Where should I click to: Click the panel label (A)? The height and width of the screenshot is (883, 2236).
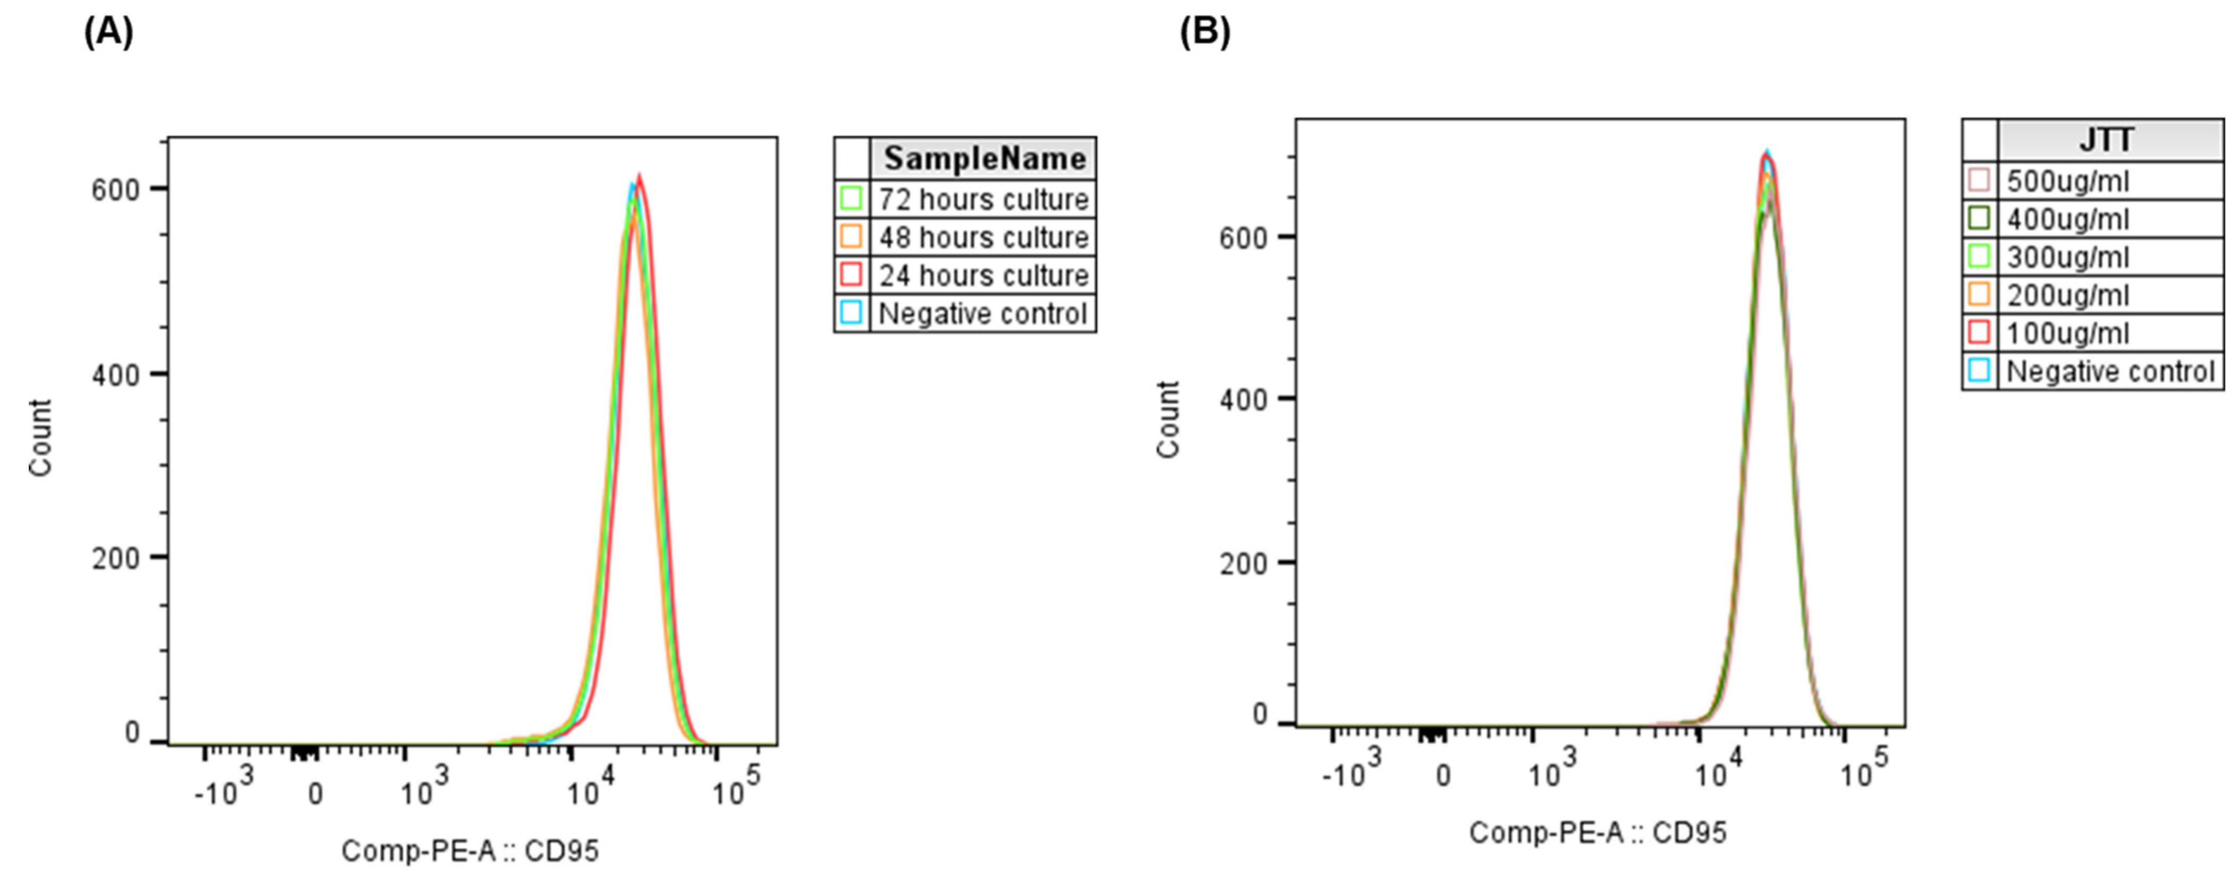pyautogui.click(x=108, y=32)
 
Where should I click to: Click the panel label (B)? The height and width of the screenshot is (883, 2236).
pyautogui.click(x=1205, y=32)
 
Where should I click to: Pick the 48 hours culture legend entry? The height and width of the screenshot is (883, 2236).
pyautogui.click(x=982, y=237)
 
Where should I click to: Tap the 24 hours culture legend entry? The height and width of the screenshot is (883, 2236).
pyautogui.click(x=982, y=275)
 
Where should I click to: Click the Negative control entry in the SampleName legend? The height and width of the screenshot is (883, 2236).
pyautogui.click(x=982, y=313)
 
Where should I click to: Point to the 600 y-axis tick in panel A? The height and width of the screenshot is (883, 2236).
pyautogui.click(x=115, y=189)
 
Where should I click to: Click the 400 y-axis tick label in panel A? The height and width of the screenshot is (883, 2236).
pyautogui.click(x=115, y=375)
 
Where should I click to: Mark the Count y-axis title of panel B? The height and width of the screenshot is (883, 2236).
pyautogui.click(x=1168, y=419)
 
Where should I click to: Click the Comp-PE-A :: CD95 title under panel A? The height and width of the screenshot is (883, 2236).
pyautogui.click(x=469, y=851)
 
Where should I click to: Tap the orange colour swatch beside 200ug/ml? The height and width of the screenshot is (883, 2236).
pyautogui.click(x=1979, y=295)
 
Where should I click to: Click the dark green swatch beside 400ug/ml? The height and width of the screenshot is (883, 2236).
pyautogui.click(x=1979, y=219)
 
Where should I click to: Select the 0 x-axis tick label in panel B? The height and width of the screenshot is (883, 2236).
pyautogui.click(x=1443, y=775)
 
